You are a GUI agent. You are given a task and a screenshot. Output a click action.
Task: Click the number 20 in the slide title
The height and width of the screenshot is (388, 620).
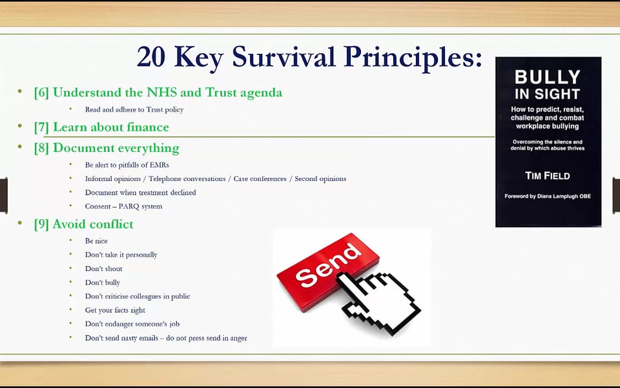[151, 57]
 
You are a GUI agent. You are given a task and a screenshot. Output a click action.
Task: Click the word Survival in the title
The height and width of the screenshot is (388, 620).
[284, 57]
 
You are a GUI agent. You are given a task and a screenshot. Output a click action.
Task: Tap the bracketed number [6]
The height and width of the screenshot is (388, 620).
[41, 92]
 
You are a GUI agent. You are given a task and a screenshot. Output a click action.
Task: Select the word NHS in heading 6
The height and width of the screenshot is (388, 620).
[162, 92]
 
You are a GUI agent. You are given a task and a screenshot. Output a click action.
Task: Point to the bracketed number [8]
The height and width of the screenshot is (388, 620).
[41, 148]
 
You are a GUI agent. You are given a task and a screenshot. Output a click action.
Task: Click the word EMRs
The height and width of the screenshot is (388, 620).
[159, 165]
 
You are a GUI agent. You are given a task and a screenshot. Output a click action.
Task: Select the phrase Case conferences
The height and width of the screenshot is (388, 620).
[260, 178]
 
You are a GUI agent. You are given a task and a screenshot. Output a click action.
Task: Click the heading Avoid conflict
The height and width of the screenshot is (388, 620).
[93, 224]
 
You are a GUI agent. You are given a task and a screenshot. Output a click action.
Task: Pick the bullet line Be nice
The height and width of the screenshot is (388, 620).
[96, 241]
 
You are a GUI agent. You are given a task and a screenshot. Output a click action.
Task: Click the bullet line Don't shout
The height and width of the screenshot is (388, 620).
[103, 269]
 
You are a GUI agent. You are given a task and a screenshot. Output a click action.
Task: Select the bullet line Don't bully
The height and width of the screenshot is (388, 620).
[103, 283]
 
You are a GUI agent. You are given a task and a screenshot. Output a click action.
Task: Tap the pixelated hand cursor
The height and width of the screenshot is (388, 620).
[378, 302]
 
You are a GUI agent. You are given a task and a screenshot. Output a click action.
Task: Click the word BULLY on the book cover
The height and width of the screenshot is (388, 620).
[547, 77]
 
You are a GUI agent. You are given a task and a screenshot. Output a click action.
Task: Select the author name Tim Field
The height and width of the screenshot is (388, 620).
[547, 176]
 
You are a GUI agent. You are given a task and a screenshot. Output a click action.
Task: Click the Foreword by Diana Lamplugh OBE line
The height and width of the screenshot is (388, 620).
[548, 197]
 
